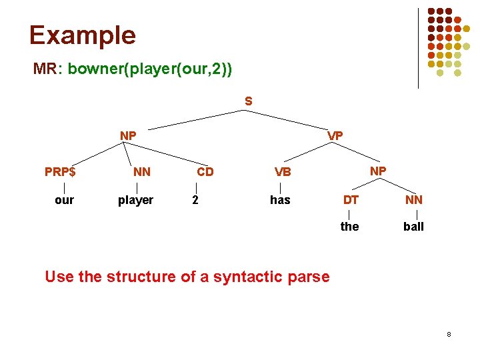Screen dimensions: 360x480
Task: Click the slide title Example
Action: tap(82, 35)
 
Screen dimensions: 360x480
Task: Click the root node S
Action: tap(248, 101)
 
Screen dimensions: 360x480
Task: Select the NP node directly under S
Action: tap(128, 135)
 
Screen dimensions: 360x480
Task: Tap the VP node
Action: tap(335, 135)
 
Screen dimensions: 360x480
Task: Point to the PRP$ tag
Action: tap(60, 171)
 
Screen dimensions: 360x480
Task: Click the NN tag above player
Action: tap(141, 171)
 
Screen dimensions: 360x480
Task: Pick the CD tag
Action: tap(205, 171)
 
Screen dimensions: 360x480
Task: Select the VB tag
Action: tap(283, 171)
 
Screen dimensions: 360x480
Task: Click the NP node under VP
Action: tap(377, 171)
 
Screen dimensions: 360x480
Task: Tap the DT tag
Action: tap(351, 199)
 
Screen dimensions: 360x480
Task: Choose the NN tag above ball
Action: tap(413, 199)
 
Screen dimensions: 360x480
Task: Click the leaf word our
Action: tap(64, 200)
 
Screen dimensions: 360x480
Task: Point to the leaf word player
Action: tap(135, 200)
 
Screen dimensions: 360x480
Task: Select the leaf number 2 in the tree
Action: tap(195, 200)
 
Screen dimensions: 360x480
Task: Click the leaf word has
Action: tap(280, 200)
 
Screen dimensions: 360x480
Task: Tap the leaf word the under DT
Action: tap(349, 227)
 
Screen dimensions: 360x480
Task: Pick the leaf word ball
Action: tap(413, 227)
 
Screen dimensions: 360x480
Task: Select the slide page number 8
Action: tap(449, 333)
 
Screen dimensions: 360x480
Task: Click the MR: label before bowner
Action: tap(47, 69)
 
